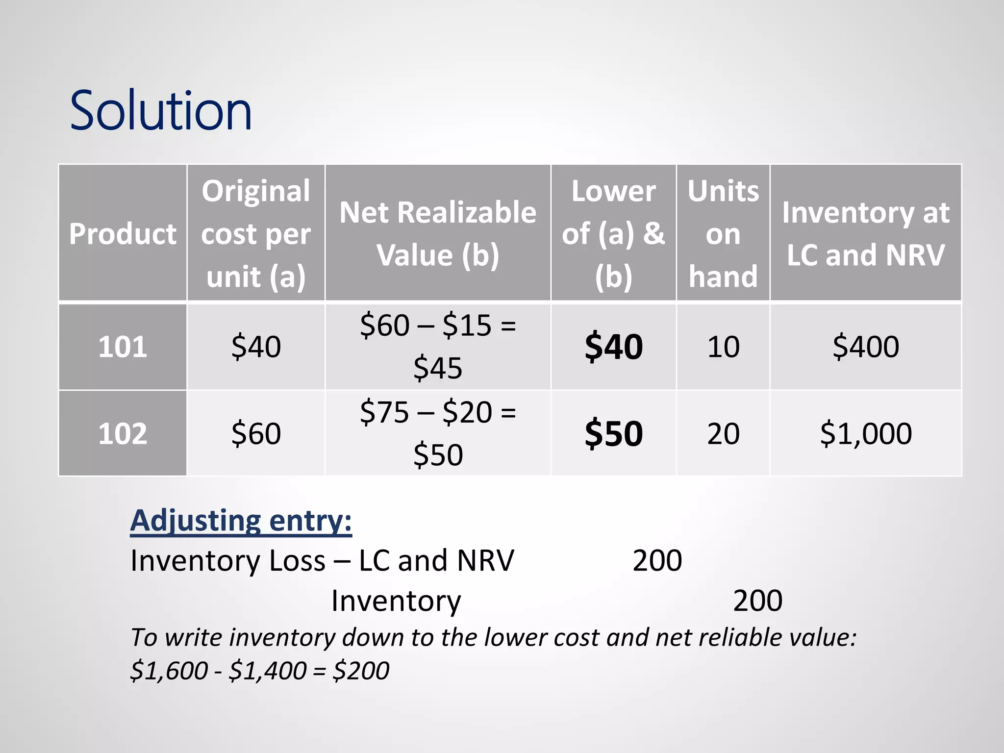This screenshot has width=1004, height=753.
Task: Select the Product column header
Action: (x=123, y=233)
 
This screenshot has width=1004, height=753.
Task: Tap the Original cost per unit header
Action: (x=256, y=233)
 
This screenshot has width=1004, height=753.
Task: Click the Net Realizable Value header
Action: (x=438, y=233)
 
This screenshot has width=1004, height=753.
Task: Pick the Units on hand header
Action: (x=723, y=233)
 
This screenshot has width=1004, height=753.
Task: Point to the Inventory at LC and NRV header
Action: (x=866, y=233)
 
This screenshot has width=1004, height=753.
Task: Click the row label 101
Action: (x=123, y=347)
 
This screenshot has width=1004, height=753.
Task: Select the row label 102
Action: (x=123, y=433)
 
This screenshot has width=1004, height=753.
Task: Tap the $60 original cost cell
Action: (x=256, y=433)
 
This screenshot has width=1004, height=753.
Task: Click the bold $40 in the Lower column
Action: (x=614, y=347)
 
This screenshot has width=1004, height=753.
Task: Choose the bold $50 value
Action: (x=614, y=433)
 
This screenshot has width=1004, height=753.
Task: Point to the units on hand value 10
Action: (x=723, y=347)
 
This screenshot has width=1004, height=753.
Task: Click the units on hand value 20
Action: (x=723, y=433)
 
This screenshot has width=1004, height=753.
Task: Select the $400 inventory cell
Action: (x=866, y=347)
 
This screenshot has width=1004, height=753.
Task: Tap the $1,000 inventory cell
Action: (x=866, y=433)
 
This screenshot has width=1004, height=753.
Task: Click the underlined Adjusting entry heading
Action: (x=241, y=521)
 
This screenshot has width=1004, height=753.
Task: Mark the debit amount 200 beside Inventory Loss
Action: (x=657, y=560)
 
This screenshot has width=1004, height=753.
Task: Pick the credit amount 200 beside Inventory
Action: (x=757, y=601)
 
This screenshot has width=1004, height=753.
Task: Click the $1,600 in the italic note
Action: (x=169, y=671)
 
